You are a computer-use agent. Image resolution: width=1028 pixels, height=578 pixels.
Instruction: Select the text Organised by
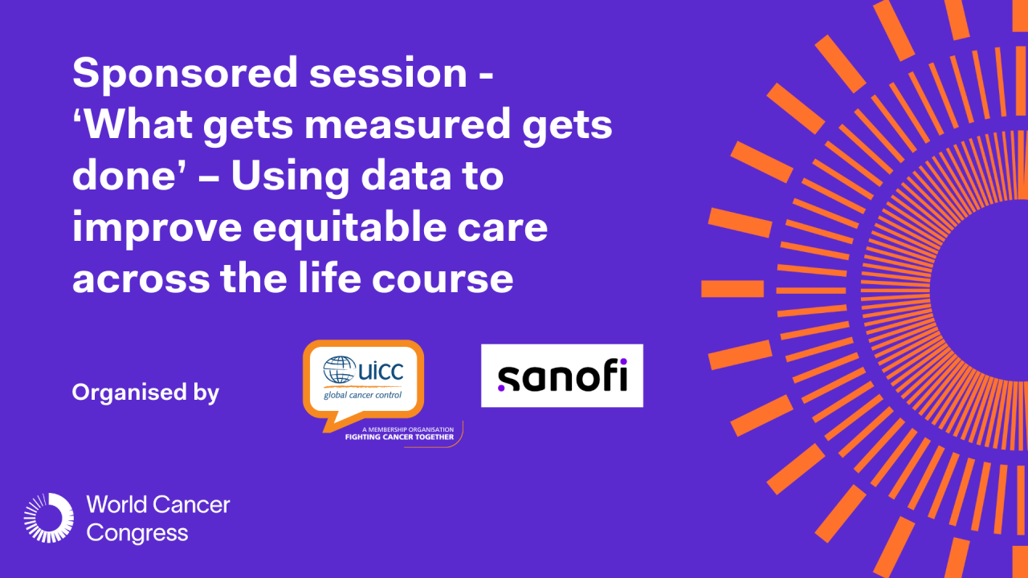pos(145,393)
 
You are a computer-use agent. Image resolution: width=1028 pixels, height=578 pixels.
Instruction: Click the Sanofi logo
pos(561,376)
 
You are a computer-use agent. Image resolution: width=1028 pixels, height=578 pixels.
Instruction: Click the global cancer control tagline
pos(362,394)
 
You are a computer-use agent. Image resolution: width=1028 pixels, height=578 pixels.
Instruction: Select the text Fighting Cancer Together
pos(399,438)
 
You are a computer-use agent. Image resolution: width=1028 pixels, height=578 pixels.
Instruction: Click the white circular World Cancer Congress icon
pos(48,518)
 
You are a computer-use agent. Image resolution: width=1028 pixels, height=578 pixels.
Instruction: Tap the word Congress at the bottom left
pos(137,532)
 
